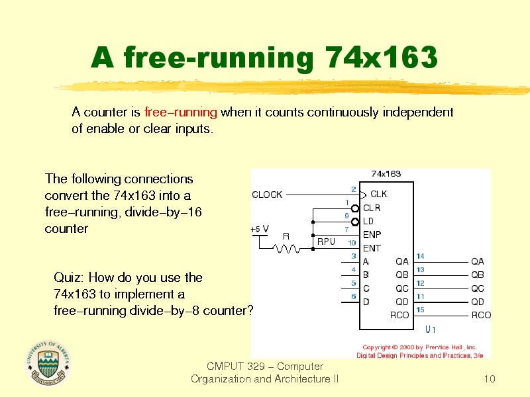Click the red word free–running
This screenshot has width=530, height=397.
point(180,112)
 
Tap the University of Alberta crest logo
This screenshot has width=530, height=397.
point(48,363)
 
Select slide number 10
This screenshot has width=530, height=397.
point(490,378)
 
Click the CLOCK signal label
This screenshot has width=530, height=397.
point(267,195)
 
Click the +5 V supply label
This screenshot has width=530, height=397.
point(260,229)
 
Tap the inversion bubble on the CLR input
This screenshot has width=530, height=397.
point(355,208)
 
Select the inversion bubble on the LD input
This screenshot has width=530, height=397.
point(355,222)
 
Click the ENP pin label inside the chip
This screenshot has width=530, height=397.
point(372,235)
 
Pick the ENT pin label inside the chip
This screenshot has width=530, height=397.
point(372,249)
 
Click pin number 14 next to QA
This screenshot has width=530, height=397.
point(420,256)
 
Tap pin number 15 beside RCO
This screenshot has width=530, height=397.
point(420,310)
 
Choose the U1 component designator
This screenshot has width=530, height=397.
point(430,330)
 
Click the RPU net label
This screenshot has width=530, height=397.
point(326,242)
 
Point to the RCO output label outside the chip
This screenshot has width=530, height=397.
point(481,315)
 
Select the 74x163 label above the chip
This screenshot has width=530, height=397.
point(386,174)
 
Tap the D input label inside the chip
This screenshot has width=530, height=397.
point(366,302)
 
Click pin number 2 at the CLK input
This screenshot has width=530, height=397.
point(354,189)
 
